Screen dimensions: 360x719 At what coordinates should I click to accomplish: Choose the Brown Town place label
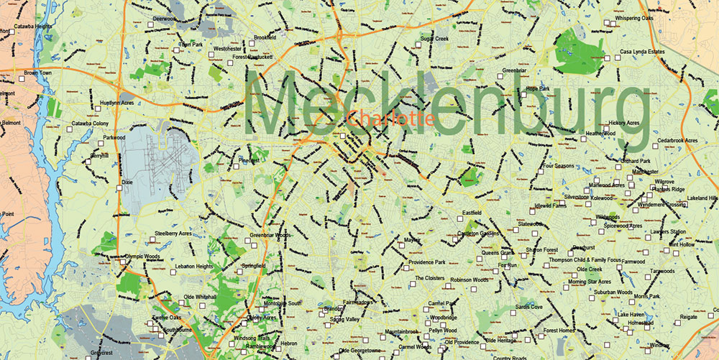(40, 73)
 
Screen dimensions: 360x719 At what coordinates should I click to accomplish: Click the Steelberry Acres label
(173, 234)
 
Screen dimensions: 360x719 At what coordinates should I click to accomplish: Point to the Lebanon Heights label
(194, 266)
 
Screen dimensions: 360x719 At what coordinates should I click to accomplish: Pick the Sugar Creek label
(434, 38)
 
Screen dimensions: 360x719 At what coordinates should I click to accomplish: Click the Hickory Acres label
(623, 123)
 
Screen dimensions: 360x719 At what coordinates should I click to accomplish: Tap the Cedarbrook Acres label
(672, 140)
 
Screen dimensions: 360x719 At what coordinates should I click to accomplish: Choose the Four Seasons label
(561, 166)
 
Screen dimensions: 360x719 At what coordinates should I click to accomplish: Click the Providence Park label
(427, 262)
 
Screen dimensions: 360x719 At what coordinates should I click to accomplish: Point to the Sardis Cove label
(528, 307)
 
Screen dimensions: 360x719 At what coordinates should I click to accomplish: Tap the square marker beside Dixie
(119, 188)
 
